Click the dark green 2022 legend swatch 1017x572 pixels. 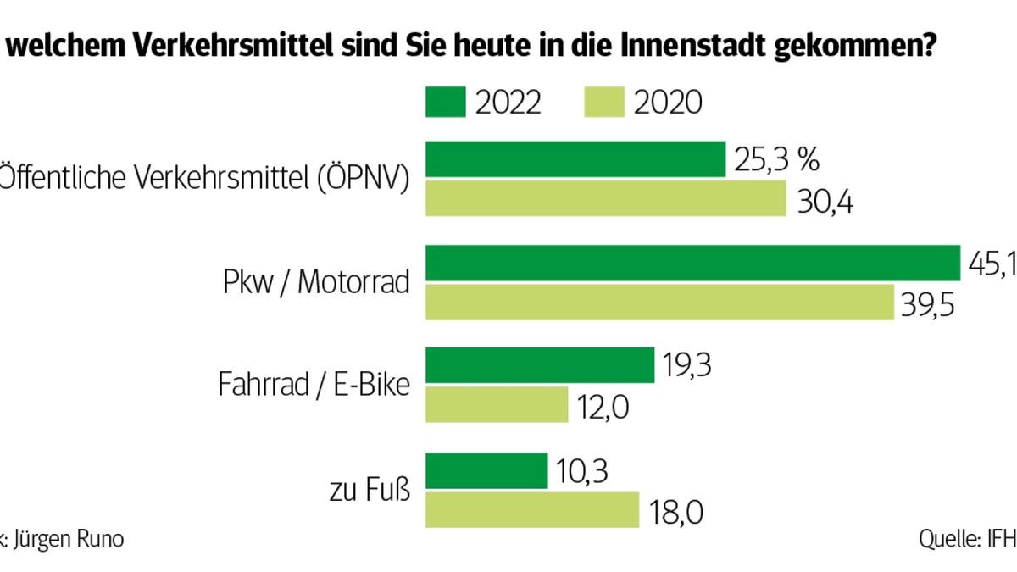pos(445,103)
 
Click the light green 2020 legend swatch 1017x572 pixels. pos(604,103)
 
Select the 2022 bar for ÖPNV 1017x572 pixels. pos(575,159)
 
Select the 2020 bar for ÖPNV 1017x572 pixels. pos(606,197)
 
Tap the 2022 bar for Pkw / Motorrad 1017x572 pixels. pos(692,264)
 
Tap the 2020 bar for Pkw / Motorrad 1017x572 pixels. pos(659,302)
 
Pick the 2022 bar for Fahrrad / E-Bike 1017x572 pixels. pos(539,365)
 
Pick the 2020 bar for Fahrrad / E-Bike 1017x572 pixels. pos(496,404)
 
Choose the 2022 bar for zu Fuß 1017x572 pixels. pos(486,470)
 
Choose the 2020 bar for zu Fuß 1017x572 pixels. pos(531,509)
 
